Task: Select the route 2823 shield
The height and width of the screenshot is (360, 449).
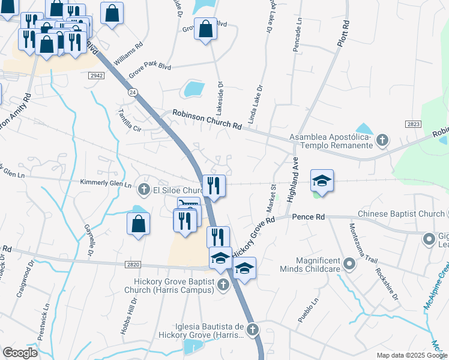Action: [x=413, y=123]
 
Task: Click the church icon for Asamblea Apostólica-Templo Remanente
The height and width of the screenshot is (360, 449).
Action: [x=382, y=141]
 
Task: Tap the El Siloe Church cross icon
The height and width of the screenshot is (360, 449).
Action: [x=143, y=190]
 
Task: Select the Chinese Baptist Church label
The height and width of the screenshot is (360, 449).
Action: [x=400, y=214]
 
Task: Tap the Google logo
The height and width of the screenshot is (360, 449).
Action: [x=20, y=353]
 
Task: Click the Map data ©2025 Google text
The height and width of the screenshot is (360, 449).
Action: [x=411, y=355]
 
